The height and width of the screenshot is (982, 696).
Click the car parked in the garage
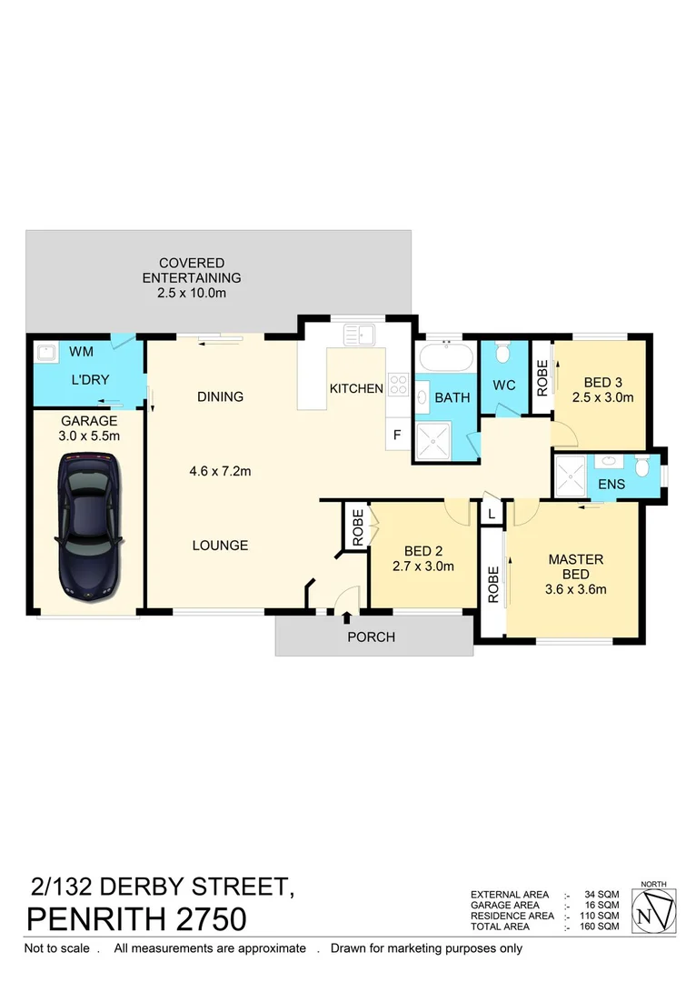[87, 526]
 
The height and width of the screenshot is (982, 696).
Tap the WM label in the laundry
[81, 350]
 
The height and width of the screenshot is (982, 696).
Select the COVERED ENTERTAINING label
[192, 271]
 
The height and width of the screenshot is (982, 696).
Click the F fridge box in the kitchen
[397, 435]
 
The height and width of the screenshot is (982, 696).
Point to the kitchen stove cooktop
[398, 385]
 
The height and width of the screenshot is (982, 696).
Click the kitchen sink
[359, 334]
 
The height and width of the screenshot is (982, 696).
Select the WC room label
[504, 385]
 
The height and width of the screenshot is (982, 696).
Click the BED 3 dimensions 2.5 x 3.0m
[602, 397]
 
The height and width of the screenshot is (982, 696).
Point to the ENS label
[611, 485]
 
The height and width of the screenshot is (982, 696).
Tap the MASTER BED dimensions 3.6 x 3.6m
[575, 589]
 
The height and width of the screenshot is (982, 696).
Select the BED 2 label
[423, 551]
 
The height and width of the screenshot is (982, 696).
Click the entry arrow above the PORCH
[347, 618]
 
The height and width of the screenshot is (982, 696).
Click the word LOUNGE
[220, 546]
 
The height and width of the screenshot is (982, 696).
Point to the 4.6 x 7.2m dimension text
[220, 471]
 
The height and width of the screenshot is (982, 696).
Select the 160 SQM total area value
[601, 927]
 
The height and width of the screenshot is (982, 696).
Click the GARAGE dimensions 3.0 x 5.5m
[90, 436]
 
